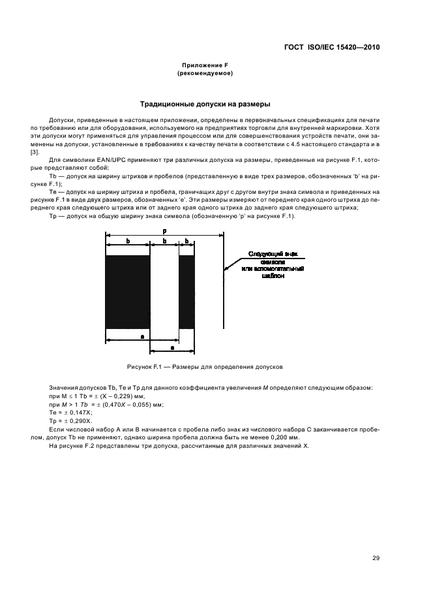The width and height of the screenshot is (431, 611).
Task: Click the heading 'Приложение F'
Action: (205, 67)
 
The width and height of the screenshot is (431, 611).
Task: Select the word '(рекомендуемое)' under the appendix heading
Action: (205, 74)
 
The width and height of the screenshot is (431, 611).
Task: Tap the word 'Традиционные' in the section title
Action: (167, 104)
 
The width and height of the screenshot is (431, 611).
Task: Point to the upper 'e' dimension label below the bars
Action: (142, 335)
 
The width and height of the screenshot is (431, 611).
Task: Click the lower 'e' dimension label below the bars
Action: (171, 347)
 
